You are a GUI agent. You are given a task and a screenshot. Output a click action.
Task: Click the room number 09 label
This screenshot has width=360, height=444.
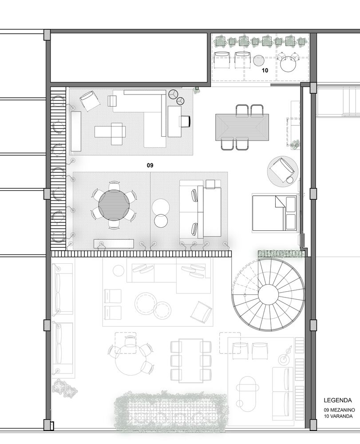150,165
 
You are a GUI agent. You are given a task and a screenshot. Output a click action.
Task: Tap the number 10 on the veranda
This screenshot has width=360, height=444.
265,70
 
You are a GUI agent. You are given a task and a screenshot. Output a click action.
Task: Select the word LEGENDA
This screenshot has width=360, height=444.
338,400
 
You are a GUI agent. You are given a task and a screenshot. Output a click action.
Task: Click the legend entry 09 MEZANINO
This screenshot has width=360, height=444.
338,410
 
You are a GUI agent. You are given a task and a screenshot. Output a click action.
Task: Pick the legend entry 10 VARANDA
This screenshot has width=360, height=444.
338,416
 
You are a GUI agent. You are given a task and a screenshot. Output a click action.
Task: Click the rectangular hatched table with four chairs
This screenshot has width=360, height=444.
242,127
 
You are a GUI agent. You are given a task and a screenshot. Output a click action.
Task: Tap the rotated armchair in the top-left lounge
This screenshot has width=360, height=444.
89,101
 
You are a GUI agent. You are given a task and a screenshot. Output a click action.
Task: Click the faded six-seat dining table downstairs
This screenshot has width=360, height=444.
190,361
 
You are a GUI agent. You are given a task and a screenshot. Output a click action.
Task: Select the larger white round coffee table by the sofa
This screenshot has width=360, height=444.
161,207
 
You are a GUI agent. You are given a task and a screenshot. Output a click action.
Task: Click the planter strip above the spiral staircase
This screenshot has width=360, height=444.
281,253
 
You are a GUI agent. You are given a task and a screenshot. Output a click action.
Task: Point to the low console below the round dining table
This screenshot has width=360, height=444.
114,243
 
